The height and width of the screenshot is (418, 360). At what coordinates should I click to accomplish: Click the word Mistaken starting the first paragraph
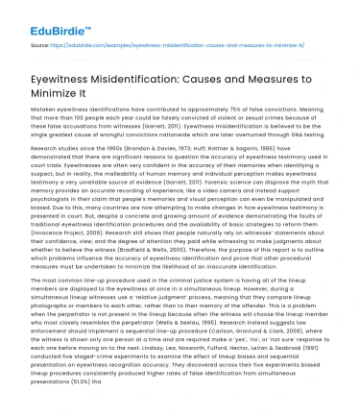coord(41,111)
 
